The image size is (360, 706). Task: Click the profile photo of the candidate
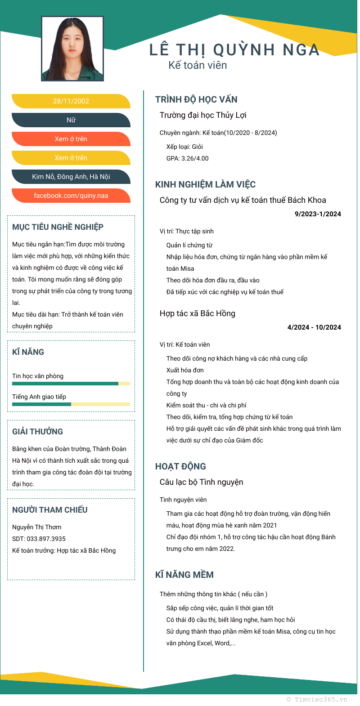point(72,49)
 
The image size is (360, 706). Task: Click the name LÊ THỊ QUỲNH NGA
point(234,50)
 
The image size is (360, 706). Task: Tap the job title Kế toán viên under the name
point(198,65)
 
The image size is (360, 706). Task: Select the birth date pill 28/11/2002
point(71,101)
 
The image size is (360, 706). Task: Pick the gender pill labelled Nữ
point(71,120)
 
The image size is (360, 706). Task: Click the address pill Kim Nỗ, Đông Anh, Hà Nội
point(71,177)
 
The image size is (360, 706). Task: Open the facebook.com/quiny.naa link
point(71,196)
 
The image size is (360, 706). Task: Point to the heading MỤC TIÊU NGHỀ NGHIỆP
point(58,227)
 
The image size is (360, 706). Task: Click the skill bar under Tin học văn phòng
point(71,384)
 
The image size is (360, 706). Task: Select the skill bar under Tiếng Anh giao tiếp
point(71,404)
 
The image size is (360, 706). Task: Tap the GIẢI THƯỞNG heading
point(37,432)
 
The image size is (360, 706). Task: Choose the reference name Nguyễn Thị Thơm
point(37,527)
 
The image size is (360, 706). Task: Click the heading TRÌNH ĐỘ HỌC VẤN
point(196,99)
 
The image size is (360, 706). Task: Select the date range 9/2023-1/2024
point(318,214)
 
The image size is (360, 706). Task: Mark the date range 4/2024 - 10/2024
point(314,327)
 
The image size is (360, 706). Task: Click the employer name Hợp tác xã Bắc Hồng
point(198,313)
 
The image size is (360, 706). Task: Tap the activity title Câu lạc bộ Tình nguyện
point(201,482)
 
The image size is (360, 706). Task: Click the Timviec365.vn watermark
point(317,699)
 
